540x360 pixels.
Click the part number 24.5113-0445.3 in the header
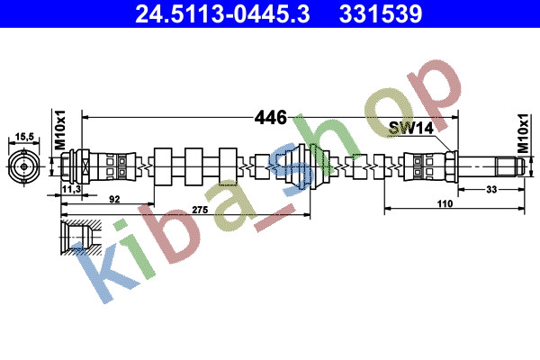222,14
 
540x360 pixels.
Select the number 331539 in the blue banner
381,14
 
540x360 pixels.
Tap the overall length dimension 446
270,118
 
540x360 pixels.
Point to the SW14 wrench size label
411,128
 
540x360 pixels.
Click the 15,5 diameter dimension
24,137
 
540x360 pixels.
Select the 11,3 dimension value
72,189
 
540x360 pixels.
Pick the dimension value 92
114,199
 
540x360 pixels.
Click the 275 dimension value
200,210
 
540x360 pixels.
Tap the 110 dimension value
445,203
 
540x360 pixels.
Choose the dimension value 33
491,189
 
